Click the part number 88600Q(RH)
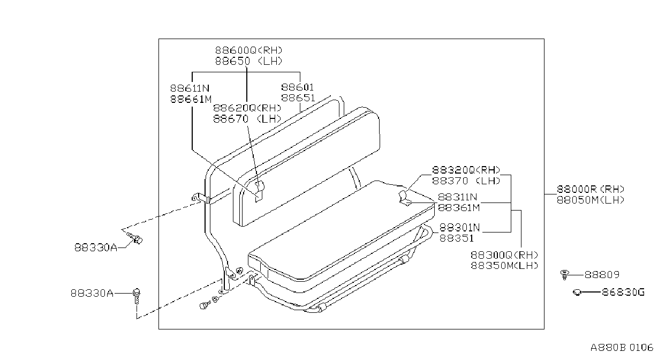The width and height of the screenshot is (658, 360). pyautogui.click(x=248, y=50)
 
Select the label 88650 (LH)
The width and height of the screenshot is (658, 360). pyautogui.click(x=248, y=61)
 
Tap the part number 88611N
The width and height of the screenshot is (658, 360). pyautogui.click(x=190, y=88)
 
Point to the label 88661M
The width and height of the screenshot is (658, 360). pyautogui.click(x=191, y=99)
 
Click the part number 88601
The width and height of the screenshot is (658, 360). pyautogui.click(x=298, y=87)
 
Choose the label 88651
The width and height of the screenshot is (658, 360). pyautogui.click(x=298, y=98)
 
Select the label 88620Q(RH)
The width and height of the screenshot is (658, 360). pyautogui.click(x=247, y=108)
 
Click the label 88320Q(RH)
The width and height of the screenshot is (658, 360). pyautogui.click(x=466, y=170)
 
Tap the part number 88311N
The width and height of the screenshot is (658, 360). pyautogui.click(x=458, y=197)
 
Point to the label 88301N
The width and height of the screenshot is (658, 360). pyautogui.click(x=459, y=228)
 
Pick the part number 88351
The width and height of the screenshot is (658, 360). pyautogui.click(x=457, y=238)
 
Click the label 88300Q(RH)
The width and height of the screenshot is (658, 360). pyautogui.click(x=504, y=255)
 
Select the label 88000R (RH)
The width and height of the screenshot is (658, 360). pyautogui.click(x=591, y=189)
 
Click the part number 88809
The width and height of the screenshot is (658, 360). pyautogui.click(x=602, y=275)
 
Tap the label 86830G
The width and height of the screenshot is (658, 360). pyautogui.click(x=623, y=292)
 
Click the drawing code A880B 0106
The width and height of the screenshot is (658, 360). pyautogui.click(x=622, y=348)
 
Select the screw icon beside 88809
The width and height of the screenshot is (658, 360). pyautogui.click(x=564, y=275)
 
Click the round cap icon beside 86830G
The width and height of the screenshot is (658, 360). pyautogui.click(x=577, y=292)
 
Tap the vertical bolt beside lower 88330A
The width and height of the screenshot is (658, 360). pyautogui.click(x=137, y=296)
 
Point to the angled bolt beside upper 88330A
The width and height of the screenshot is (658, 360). pyautogui.click(x=135, y=238)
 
